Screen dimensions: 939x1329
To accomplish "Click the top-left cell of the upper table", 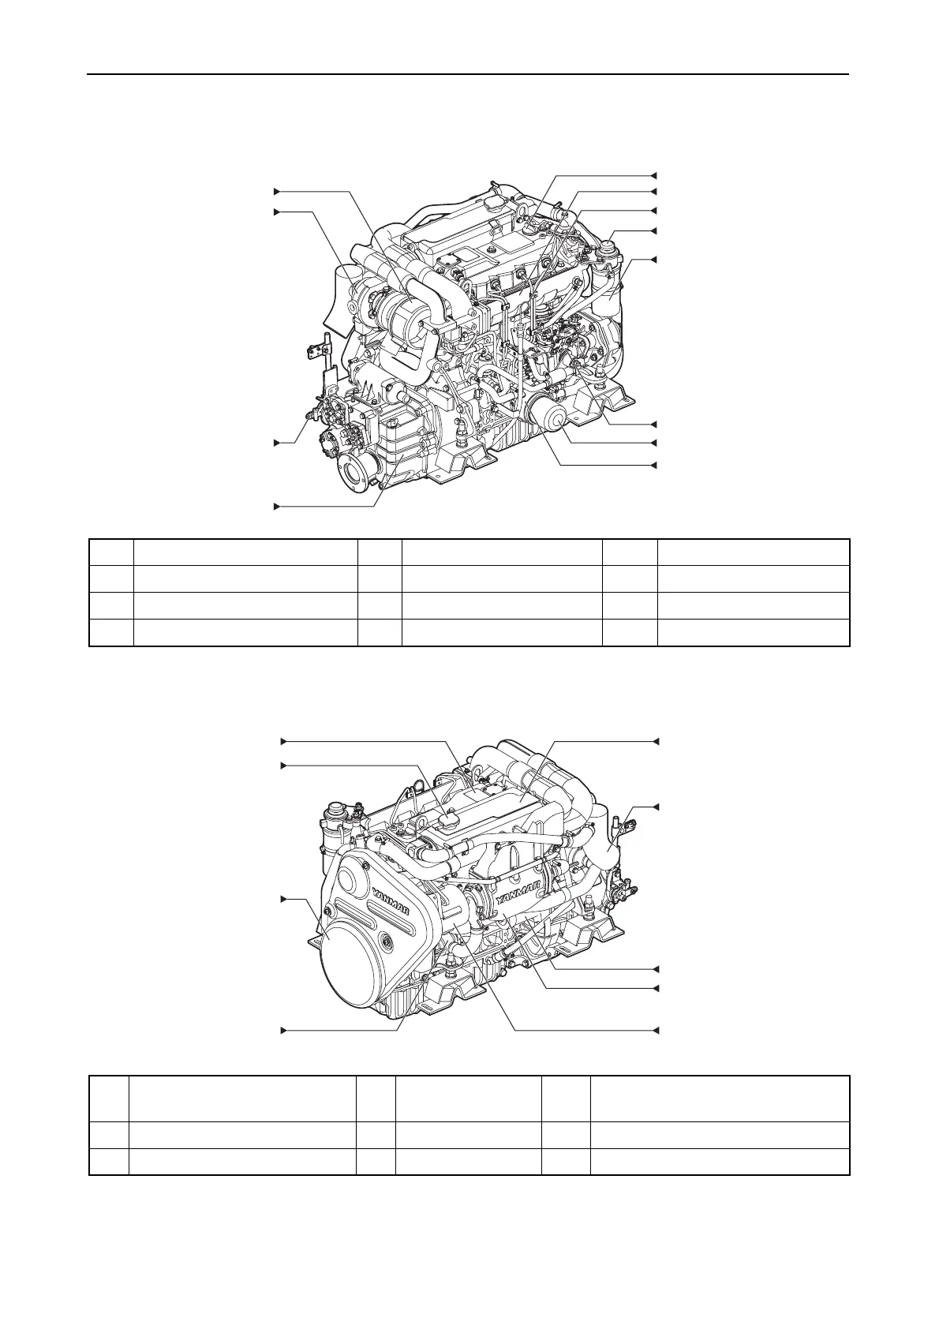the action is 111,552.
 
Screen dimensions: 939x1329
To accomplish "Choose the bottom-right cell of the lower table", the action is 719,1162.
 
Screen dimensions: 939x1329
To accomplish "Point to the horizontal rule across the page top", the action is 469,75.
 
